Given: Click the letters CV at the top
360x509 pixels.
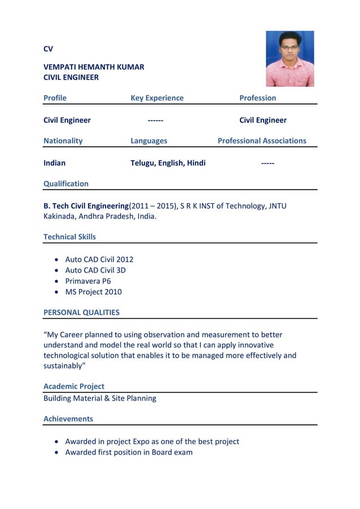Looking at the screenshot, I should pos(49,49).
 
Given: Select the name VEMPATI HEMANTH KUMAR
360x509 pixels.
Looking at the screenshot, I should pos(94,67).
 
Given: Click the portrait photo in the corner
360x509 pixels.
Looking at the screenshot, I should pos(289,59).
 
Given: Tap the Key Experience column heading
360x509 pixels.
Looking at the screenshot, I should pos(157,98).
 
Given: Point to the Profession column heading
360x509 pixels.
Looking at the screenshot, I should pos(257,98).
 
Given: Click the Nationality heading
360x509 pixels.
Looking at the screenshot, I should pos(63,141).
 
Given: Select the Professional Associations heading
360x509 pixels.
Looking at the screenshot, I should pos(262,141).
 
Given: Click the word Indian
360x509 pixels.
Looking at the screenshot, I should pos(55,163).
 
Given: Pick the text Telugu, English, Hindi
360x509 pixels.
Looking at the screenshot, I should pos(168,163).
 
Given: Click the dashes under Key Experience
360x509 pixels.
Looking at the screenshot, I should pos(156,120).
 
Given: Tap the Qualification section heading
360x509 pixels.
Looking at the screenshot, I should pos(66,183).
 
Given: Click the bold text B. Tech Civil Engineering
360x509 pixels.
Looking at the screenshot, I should pos(86,205).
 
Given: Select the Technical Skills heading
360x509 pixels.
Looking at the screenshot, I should pos(70,236).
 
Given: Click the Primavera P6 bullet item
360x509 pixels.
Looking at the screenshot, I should pos(88,281).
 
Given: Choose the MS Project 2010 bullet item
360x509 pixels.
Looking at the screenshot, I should pos(93,292).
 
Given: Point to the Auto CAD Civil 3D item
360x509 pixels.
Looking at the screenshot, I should pos(95,270).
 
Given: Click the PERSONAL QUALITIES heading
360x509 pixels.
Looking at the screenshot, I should pos(81,312).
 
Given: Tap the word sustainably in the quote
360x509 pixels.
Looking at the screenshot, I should pos(63,366).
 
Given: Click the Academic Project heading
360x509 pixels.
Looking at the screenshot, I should pos(74,387).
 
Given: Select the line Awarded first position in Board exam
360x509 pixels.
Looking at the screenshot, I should pos(129,452).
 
